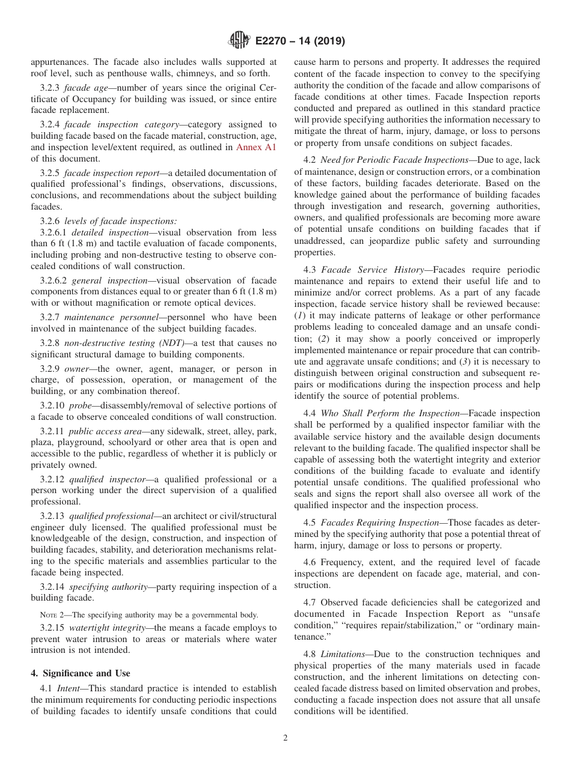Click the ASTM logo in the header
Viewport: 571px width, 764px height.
(239, 41)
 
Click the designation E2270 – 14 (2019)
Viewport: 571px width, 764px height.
(300, 41)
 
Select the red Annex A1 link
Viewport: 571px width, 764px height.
(256, 147)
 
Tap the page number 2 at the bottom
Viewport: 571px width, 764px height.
(285, 738)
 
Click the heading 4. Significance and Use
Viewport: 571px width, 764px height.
(81, 673)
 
